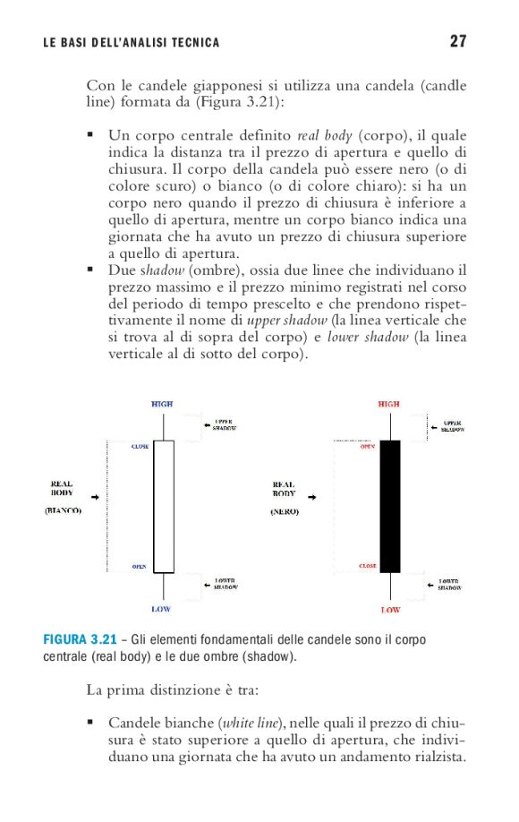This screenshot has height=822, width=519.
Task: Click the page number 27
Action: (458, 41)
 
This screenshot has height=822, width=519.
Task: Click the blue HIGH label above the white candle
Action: (162, 405)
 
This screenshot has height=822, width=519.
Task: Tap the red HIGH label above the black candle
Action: (389, 405)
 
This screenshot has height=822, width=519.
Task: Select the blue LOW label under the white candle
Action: (161, 610)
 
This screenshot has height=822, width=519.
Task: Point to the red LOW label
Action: (390, 610)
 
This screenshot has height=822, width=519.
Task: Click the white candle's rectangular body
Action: (163, 506)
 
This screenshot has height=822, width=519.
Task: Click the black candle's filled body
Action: (390, 506)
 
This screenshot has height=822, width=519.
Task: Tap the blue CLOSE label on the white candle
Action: (140, 446)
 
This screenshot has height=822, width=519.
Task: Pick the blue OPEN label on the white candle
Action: (140, 567)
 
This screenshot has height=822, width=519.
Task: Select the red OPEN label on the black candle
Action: (368, 446)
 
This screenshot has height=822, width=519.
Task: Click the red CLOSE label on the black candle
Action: (367, 567)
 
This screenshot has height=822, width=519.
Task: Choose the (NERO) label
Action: (284, 511)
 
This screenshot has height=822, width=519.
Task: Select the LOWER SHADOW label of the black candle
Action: (449, 584)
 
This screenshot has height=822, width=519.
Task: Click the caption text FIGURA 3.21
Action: (80, 639)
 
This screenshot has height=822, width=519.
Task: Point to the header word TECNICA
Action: (194, 42)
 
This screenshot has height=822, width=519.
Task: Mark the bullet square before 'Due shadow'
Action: (90, 268)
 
